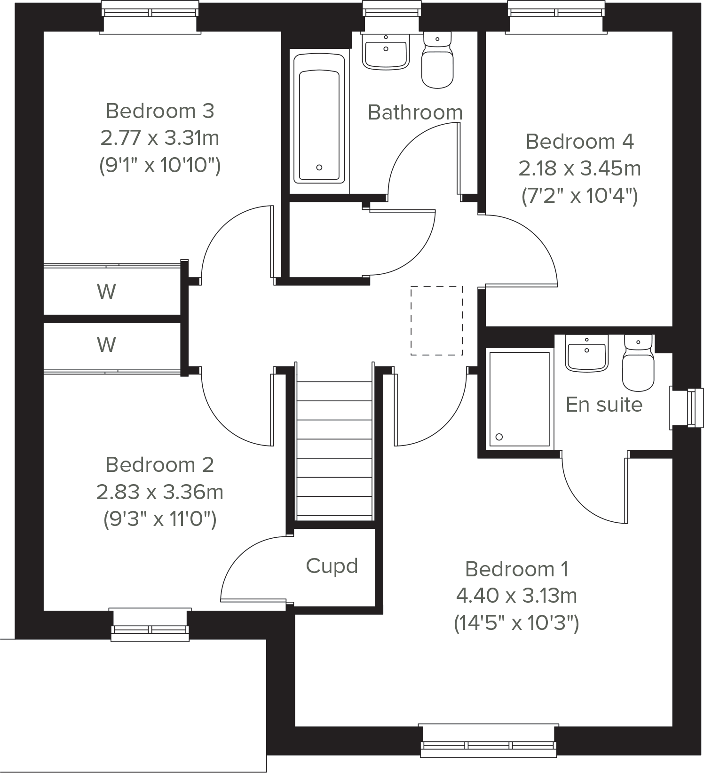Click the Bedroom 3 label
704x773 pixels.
pyautogui.click(x=160, y=111)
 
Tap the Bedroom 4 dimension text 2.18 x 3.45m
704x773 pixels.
pyautogui.click(x=579, y=168)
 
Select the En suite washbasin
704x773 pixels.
pyautogui.click(x=586, y=355)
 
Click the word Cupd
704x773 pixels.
pyautogui.click(x=332, y=566)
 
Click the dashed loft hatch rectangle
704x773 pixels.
pyautogui.click(x=436, y=320)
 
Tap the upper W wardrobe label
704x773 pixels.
pyautogui.click(x=107, y=292)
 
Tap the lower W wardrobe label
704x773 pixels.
pyautogui.click(x=107, y=345)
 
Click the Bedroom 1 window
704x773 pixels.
pyautogui.click(x=489, y=741)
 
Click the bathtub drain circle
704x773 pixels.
pyautogui.click(x=319, y=167)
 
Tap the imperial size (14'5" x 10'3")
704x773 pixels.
pyautogui.click(x=516, y=623)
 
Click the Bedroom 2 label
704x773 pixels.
pyautogui.click(x=160, y=465)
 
